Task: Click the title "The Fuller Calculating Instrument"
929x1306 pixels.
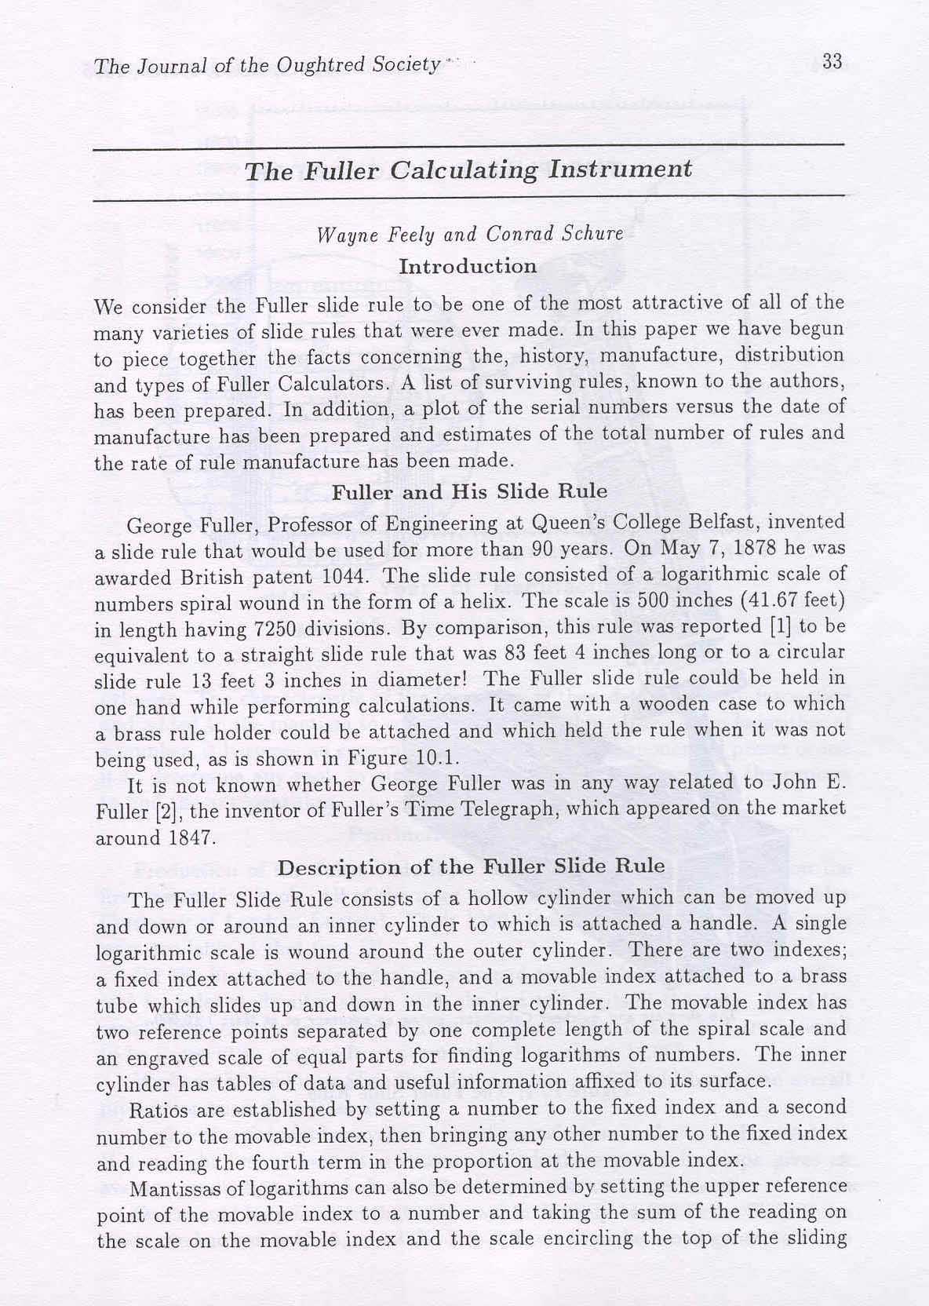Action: coord(468,170)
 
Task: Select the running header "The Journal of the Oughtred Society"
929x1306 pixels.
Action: coord(267,65)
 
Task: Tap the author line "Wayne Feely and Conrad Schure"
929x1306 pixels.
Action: coord(469,234)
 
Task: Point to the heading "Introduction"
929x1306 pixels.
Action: coord(468,266)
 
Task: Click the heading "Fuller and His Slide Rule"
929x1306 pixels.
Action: coord(469,492)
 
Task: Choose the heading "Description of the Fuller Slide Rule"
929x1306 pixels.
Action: coord(472,867)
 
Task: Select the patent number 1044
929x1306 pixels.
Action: coord(341,575)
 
